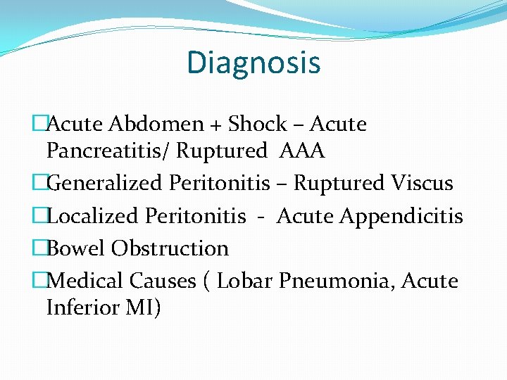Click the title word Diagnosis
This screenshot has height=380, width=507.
pyautogui.click(x=254, y=63)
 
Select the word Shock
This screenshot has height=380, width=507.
pyautogui.click(x=258, y=125)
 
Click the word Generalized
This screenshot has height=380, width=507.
pyautogui.click(x=105, y=184)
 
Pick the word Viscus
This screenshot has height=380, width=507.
pyautogui.click(x=420, y=184)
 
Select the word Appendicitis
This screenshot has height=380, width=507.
pyautogui.click(x=401, y=217)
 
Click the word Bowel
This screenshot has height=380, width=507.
pyautogui.click(x=75, y=248)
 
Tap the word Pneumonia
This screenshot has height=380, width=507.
pyautogui.click(x=337, y=281)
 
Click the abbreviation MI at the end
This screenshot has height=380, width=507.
pyautogui.click(x=144, y=308)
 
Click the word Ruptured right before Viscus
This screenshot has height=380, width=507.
pyautogui.click(x=337, y=184)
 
